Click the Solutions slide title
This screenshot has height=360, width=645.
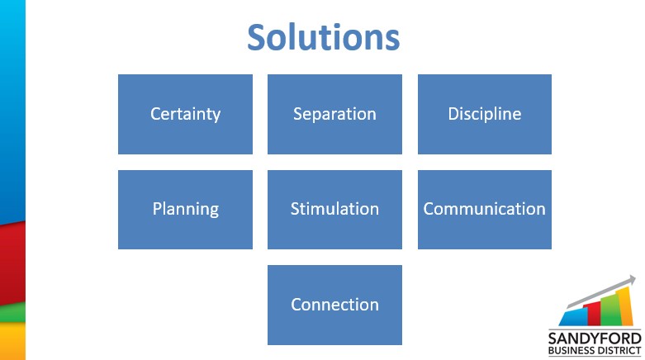pos(323,37)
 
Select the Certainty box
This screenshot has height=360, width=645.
pos(185,115)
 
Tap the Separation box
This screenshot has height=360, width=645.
pos(334,115)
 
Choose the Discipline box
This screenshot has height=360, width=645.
pos(485,115)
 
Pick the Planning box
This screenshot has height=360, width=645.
pos(185,210)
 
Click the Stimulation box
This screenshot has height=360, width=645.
pos(334,210)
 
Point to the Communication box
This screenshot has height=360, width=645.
pos(485,210)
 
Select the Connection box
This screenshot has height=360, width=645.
pos(334,305)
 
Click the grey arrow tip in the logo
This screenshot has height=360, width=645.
pos(636,277)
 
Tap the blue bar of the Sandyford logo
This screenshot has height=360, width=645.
pos(573,317)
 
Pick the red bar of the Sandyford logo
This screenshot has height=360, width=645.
pos(595,314)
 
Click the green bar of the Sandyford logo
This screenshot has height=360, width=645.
pos(610,310)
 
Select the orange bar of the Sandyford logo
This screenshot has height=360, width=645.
pos(625,306)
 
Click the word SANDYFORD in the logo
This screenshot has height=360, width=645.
pos(595,339)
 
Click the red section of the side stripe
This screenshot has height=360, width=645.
pos(12,263)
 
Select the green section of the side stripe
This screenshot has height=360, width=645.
pos(12,313)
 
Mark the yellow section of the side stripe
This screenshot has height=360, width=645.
pos(12,341)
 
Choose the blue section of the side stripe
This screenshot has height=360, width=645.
pos(12,112)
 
